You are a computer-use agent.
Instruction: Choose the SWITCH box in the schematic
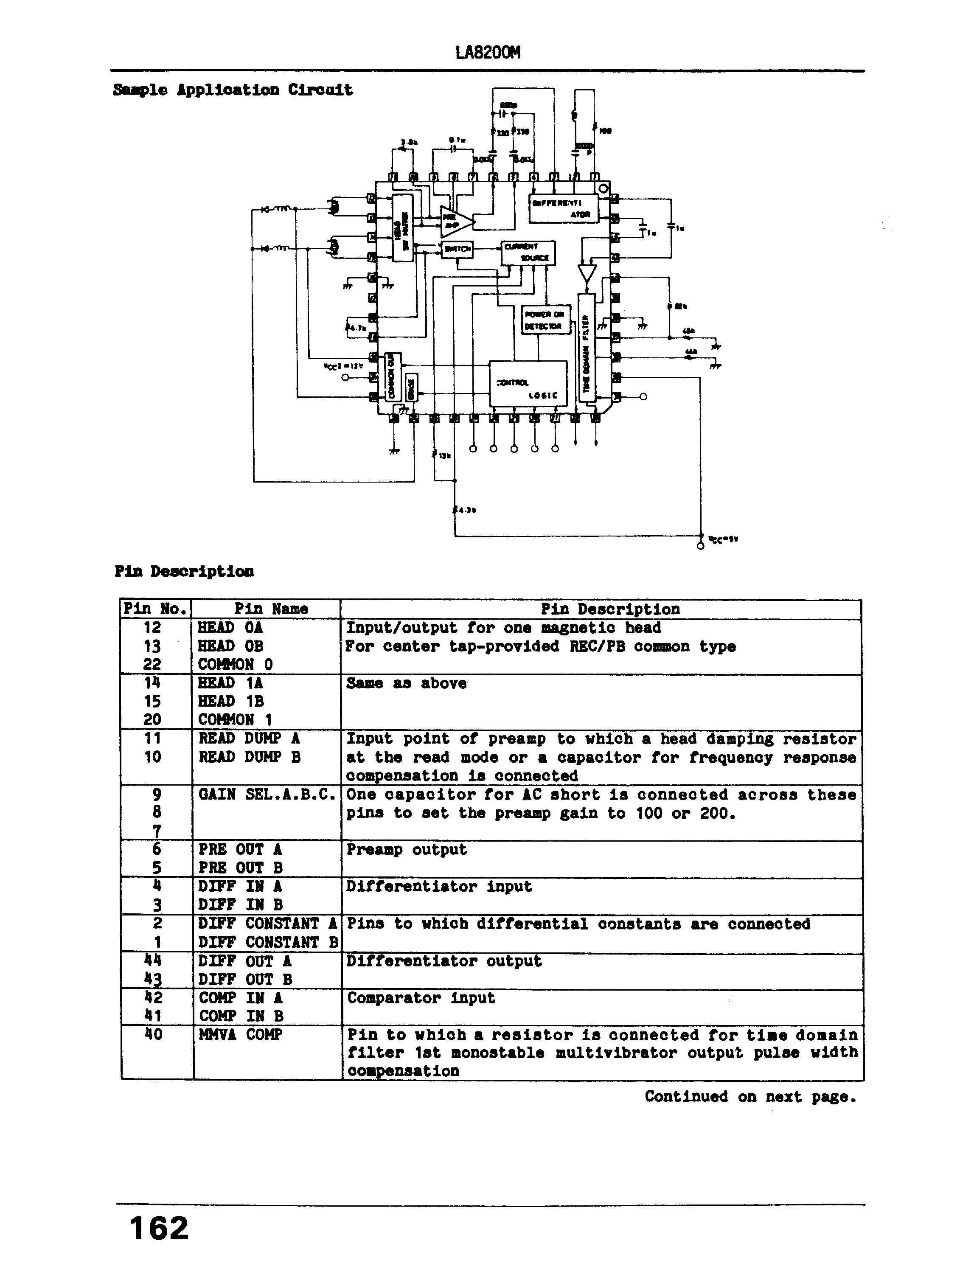tap(458, 249)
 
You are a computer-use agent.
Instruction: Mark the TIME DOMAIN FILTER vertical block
tap(586, 348)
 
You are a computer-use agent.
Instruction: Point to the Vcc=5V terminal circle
tap(700, 546)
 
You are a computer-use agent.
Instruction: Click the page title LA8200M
tap(487, 53)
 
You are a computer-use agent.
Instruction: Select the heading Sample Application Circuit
tap(233, 90)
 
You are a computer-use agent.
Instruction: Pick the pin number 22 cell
tap(152, 664)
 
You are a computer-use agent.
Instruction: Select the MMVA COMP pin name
tap(241, 1035)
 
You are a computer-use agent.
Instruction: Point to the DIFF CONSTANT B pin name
tap(267, 942)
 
